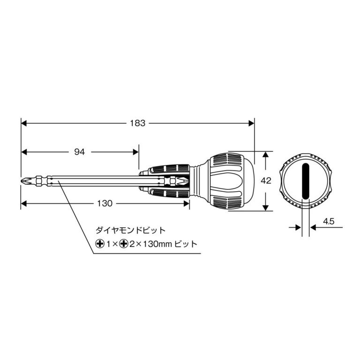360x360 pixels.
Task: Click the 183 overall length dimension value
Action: pyautogui.click(x=138, y=123)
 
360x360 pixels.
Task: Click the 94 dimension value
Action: pyautogui.click(x=80, y=152)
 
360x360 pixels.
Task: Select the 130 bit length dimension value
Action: pyautogui.click(x=105, y=203)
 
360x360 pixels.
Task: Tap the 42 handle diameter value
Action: pyautogui.click(x=266, y=181)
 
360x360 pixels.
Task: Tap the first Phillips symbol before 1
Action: pyautogui.click(x=99, y=244)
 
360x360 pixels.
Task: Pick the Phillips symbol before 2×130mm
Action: pyautogui.click(x=124, y=244)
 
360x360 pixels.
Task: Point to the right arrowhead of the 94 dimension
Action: pyautogui.click(x=135, y=152)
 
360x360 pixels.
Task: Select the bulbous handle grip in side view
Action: pyautogui.click(x=230, y=181)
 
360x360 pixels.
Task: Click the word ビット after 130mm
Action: pyautogui.click(x=186, y=244)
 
